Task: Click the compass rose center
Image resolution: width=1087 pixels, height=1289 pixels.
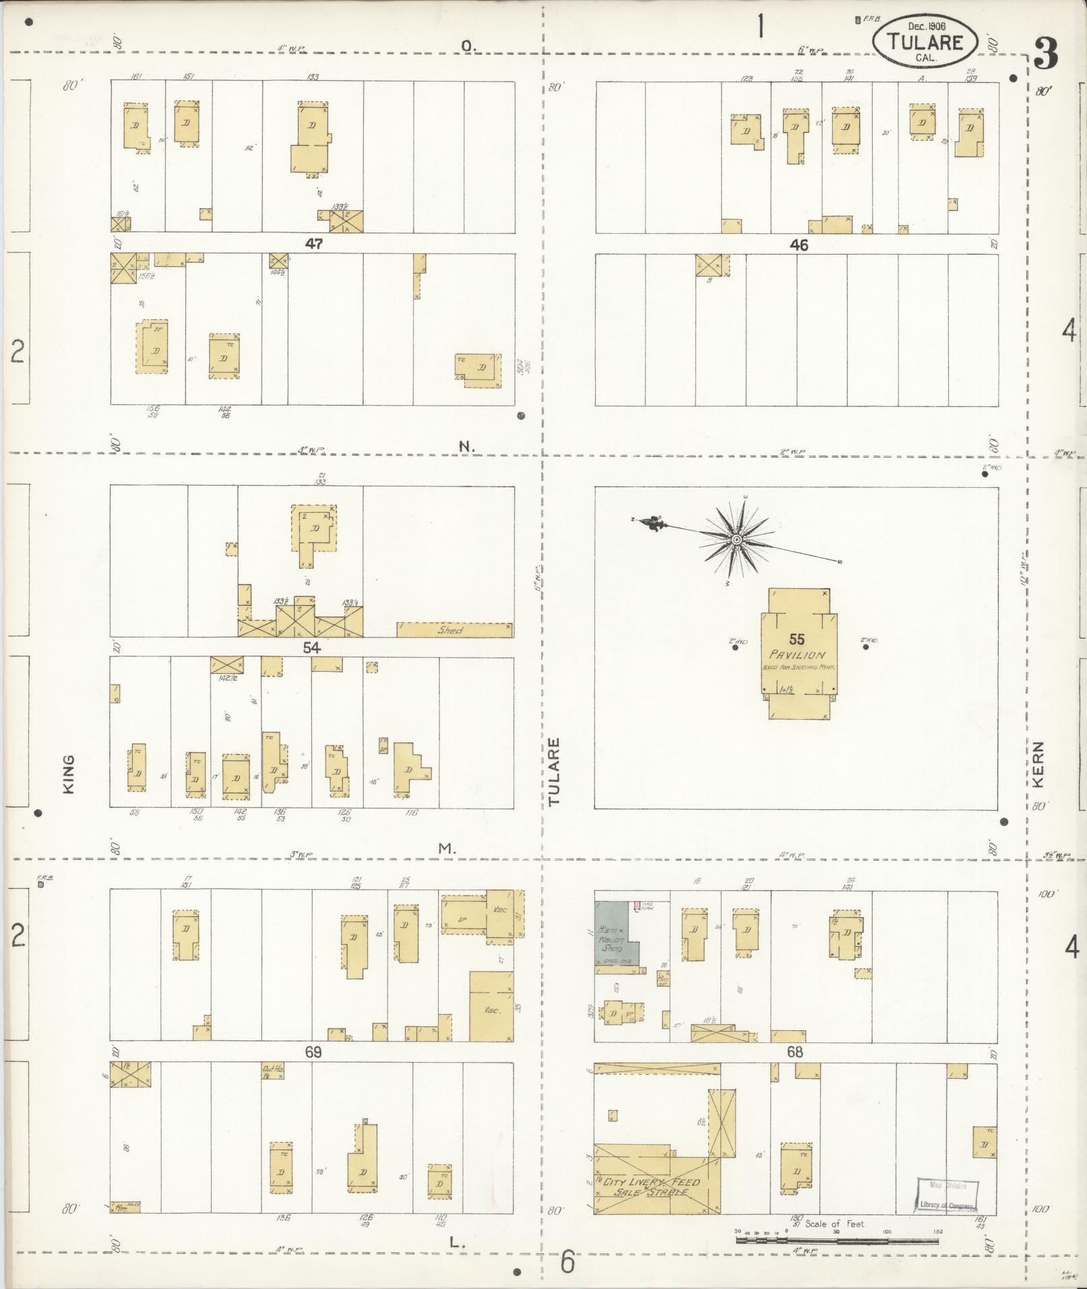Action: coord(737,540)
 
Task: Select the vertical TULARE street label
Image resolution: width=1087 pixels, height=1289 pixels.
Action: coord(554,772)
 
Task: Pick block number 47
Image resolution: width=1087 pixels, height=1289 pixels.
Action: coord(313,244)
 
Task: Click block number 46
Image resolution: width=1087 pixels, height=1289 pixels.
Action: coord(799,245)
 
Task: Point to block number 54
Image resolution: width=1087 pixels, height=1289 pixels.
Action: coord(311,648)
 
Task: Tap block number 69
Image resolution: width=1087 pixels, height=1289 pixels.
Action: coord(313,1052)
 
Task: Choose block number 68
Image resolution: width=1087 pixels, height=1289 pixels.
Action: coord(795,1051)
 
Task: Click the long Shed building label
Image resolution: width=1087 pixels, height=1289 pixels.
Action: coord(450,631)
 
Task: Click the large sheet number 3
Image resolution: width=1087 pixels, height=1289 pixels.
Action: coord(1045,54)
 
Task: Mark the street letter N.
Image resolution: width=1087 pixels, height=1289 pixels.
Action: coord(466,446)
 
